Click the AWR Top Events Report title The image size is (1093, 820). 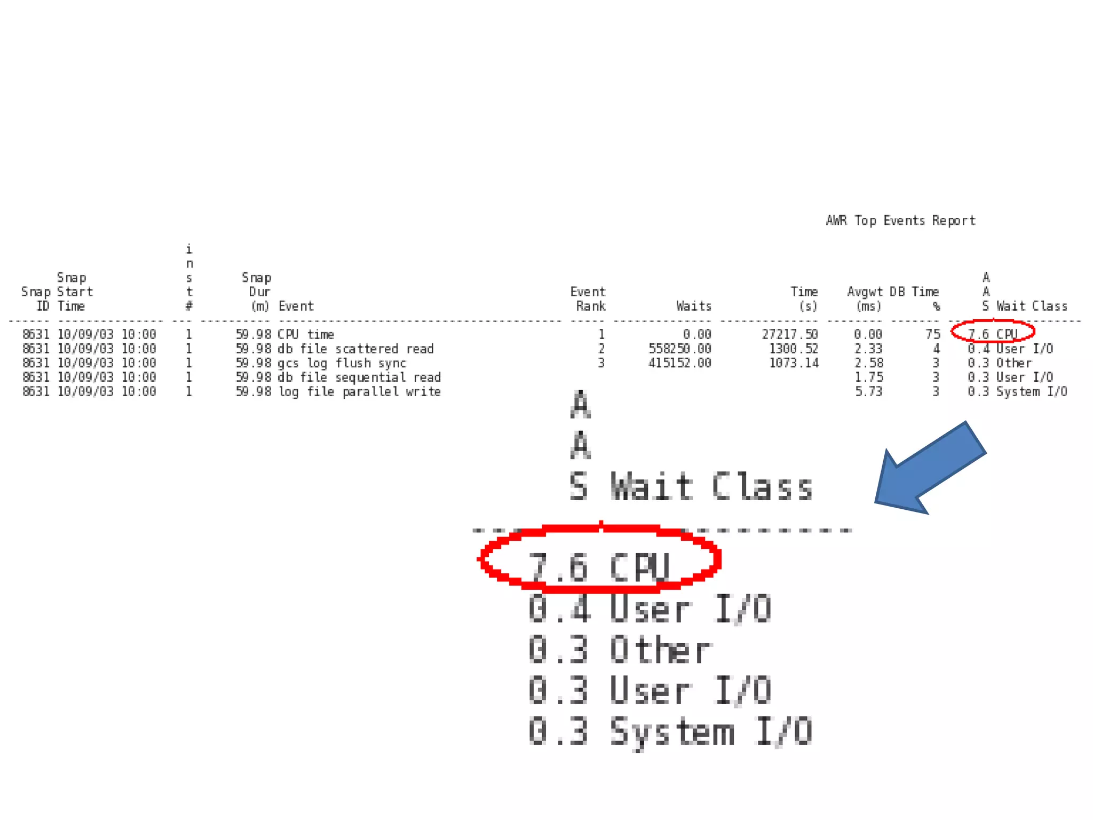tap(900, 220)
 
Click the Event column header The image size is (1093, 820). tap(296, 306)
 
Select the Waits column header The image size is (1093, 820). tap(693, 306)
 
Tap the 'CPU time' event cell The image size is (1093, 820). tap(306, 335)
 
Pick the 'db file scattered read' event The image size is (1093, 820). tap(355, 349)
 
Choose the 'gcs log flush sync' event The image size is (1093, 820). tap(342, 363)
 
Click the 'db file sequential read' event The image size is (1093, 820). tap(359, 377)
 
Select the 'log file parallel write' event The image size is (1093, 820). tap(359, 392)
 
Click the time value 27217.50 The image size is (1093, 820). tap(790, 335)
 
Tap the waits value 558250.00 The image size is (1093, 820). tap(679, 349)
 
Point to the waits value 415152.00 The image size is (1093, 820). tap(679, 363)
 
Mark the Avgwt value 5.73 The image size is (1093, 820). tap(868, 392)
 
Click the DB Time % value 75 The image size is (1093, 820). tap(932, 335)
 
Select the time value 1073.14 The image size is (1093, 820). tap(793, 363)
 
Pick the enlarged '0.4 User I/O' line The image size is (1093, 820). tap(650, 609)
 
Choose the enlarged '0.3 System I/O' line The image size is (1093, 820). tap(670, 731)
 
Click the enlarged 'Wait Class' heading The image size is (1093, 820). tap(711, 486)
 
